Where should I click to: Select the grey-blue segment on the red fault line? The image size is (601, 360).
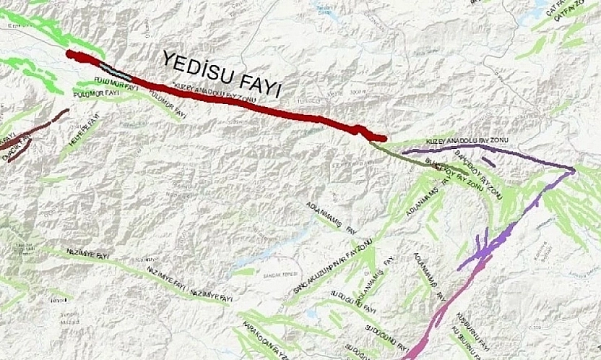point(116,70)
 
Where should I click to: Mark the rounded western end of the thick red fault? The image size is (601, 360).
point(70,53)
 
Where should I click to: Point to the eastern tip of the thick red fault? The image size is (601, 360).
point(384,138)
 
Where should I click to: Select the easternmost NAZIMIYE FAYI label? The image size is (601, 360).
point(210,295)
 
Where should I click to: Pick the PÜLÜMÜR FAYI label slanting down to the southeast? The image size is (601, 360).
point(170,108)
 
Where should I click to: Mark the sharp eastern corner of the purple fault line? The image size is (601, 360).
point(574,171)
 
